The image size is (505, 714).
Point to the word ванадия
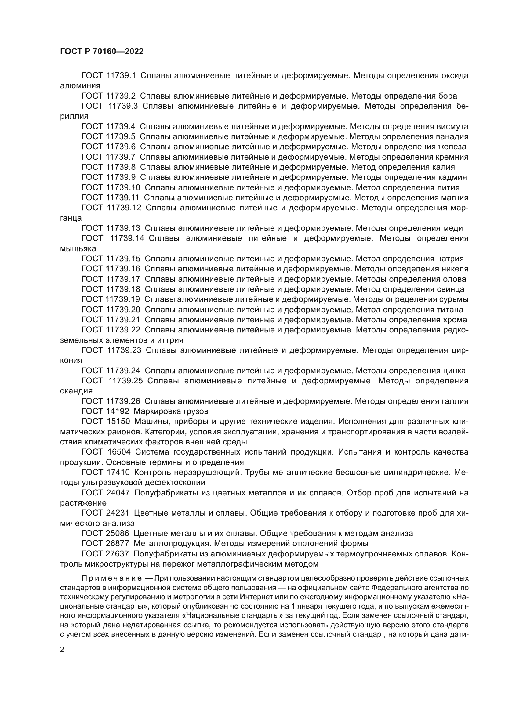click(452, 137)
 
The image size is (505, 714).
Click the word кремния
click(452, 157)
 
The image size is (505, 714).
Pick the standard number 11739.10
click(123, 187)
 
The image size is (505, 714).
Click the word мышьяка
click(78, 249)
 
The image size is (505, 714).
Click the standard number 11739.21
click(123, 320)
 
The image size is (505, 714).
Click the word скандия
click(76, 391)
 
